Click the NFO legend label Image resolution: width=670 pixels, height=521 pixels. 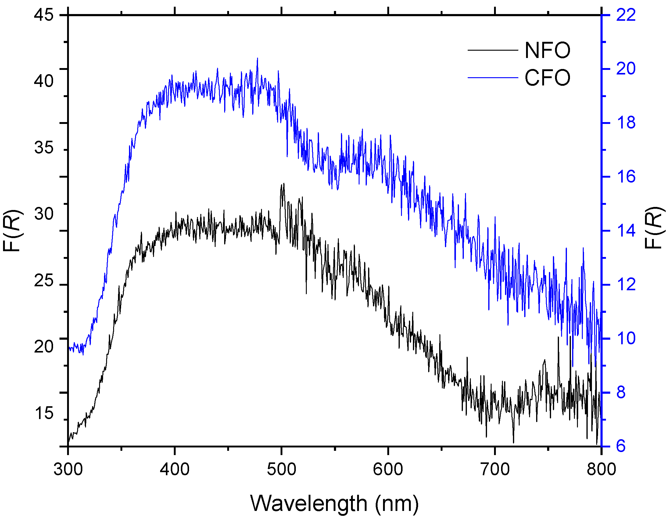(547, 50)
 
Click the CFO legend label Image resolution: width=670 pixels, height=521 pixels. (547, 78)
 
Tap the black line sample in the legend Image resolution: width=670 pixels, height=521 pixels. (493, 50)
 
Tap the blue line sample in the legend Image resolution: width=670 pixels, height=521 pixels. (493, 78)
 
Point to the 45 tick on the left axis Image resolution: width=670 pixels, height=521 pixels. (44, 15)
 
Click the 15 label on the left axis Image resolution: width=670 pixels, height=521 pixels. (44, 413)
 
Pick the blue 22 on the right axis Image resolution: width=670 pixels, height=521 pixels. (626, 15)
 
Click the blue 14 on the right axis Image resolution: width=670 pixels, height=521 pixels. (626, 231)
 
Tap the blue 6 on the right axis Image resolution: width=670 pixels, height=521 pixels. (621, 446)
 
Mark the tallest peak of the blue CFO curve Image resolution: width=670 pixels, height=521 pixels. (257, 58)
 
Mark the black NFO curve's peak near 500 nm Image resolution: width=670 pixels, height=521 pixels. (284, 184)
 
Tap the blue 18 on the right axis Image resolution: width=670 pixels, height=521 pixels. (626, 123)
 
